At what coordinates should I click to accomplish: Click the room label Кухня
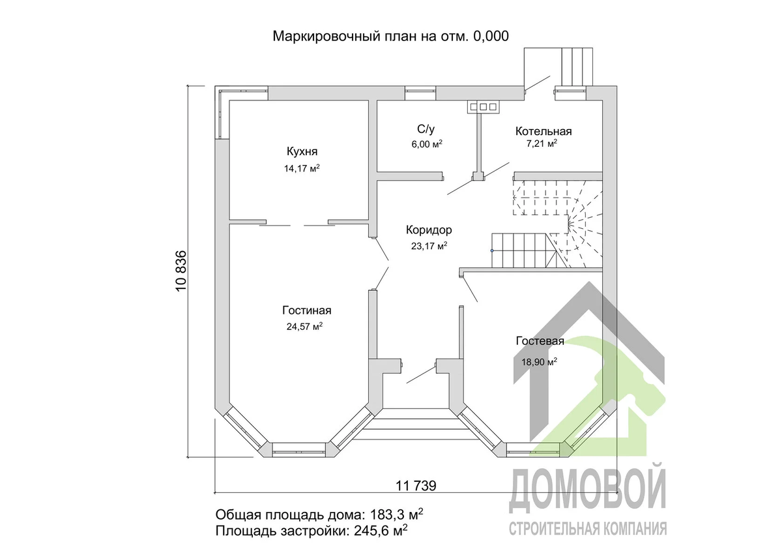pos(302,151)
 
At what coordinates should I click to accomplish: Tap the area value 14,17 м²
pos(302,168)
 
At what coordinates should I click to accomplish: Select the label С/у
pos(426,129)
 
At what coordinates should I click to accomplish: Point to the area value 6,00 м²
pos(427,144)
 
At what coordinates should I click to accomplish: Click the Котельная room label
pos(543,131)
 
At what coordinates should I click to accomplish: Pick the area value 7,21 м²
pos(542,143)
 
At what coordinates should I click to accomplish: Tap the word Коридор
pos(429,230)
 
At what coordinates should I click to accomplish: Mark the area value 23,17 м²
pos(429,246)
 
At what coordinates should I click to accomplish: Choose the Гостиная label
pos(307,310)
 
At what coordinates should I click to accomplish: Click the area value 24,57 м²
pos(304,326)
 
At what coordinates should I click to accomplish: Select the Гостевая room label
pos(540,341)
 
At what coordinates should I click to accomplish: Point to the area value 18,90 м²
pos(540,362)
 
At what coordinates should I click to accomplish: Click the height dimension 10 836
pos(182,271)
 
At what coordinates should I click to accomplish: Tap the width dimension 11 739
pos(416,486)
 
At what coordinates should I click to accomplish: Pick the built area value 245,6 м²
pos(381,531)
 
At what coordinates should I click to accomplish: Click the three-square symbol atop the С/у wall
pos(484,106)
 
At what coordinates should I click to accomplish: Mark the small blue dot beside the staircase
pos(492,250)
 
